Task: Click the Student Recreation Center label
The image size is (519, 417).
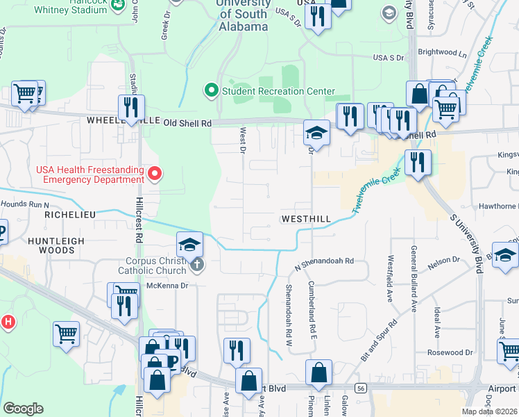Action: pyautogui.click(x=278, y=91)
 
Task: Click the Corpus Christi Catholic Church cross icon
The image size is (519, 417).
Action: pyautogui.click(x=197, y=264)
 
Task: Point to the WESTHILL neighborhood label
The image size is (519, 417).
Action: pyautogui.click(x=306, y=219)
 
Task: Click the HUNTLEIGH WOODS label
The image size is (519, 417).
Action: pyautogui.click(x=46, y=245)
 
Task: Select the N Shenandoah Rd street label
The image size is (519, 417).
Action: pyautogui.click(x=324, y=263)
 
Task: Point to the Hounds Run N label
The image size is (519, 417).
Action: pyautogui.click(x=25, y=205)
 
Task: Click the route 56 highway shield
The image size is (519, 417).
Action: pyautogui.click(x=359, y=387)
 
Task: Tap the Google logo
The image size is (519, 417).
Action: pyautogui.click(x=23, y=409)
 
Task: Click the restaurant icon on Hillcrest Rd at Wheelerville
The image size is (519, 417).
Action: pyautogui.click(x=131, y=108)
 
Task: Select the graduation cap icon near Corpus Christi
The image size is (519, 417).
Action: pyautogui.click(x=189, y=245)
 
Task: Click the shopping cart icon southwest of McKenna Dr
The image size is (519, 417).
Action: pyautogui.click(x=67, y=334)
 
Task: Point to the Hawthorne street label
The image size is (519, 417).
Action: pyautogui.click(x=498, y=207)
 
